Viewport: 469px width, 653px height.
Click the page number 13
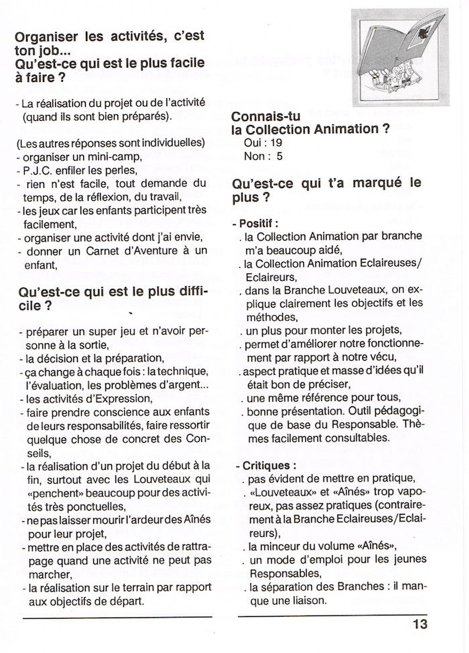click(x=420, y=624)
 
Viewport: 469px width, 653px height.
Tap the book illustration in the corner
click(x=400, y=57)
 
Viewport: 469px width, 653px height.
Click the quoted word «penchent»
click(x=52, y=492)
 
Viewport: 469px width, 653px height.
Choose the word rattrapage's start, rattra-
click(x=193, y=546)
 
